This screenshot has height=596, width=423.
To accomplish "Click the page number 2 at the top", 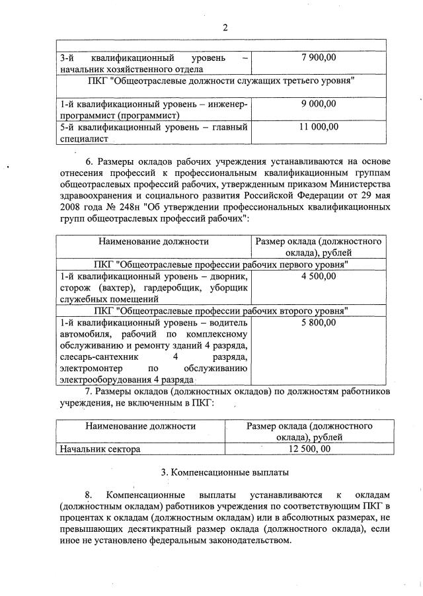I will coord(225,28).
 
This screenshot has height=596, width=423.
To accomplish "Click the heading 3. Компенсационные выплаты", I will coord(224,472).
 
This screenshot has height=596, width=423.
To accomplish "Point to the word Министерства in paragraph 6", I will coord(363,183).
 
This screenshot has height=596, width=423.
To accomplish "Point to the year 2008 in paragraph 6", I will coord(71,206).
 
